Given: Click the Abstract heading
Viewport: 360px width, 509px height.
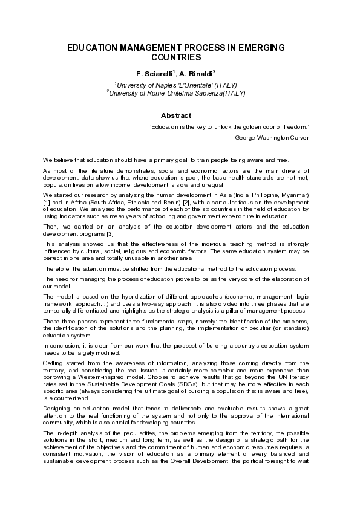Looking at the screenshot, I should click(175, 115).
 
